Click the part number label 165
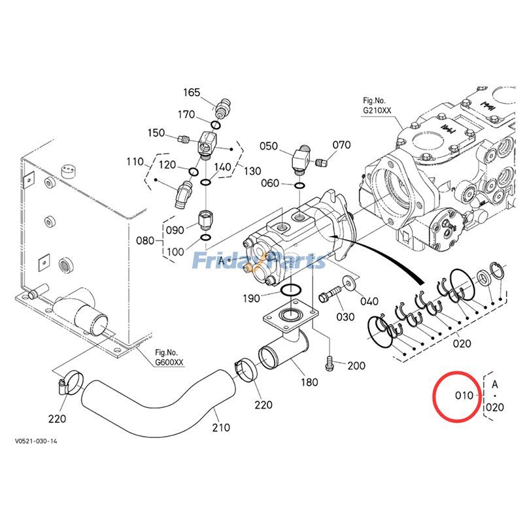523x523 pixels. tap(192, 93)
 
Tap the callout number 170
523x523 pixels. tap(187, 115)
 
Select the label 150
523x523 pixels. tap(156, 133)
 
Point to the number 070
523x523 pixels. tap(342, 145)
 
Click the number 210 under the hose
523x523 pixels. tap(221, 428)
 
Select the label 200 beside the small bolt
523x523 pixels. tap(356, 365)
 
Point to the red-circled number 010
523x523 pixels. tap(464, 396)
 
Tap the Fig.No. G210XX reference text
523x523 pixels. tap(377, 106)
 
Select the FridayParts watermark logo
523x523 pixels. tap(258, 261)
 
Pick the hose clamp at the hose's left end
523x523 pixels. tap(69, 382)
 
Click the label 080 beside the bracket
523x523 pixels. tap(145, 241)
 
